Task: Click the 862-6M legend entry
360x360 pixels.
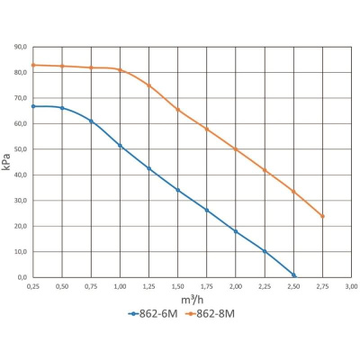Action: point(153,314)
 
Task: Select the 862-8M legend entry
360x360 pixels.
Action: point(210,314)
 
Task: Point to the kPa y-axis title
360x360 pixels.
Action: point(6,162)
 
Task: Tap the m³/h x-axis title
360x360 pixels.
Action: point(193,300)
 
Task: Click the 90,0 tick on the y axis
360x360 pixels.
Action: point(21,47)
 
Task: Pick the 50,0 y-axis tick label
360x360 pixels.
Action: point(21,149)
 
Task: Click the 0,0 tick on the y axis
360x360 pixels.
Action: point(22,277)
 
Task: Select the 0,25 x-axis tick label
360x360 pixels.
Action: point(33,286)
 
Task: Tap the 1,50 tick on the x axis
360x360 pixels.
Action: point(178,286)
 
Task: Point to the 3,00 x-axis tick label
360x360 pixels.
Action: point(351,286)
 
